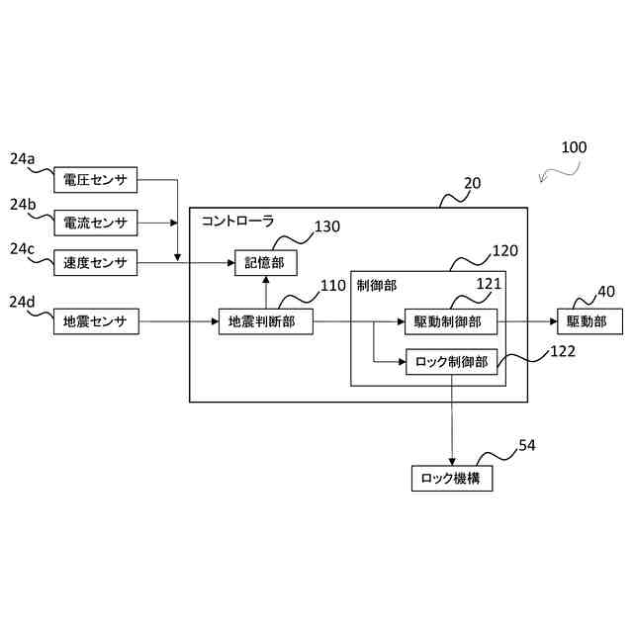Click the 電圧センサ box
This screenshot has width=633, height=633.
(96, 180)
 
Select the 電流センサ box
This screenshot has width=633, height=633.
(96, 223)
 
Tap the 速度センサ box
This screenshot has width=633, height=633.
(96, 263)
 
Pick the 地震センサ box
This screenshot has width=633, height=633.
(96, 321)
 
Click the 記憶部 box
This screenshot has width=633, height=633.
(266, 263)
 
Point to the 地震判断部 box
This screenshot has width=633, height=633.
(266, 321)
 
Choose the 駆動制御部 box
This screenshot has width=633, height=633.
(451, 321)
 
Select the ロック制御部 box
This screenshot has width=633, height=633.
(451, 362)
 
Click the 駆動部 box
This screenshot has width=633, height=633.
(589, 321)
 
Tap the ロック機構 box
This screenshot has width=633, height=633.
(452, 479)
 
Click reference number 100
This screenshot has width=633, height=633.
(574, 147)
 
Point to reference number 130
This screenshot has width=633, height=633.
(327, 226)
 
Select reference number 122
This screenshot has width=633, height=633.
(563, 351)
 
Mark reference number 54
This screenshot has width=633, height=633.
(527, 445)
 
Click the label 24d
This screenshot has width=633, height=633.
(22, 302)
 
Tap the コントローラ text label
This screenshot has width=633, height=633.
(237, 221)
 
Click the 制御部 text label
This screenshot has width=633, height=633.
(377, 286)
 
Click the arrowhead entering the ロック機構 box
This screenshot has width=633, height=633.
(452, 462)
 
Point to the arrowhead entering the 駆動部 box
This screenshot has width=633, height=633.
(554, 321)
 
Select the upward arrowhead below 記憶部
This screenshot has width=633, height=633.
(266, 280)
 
